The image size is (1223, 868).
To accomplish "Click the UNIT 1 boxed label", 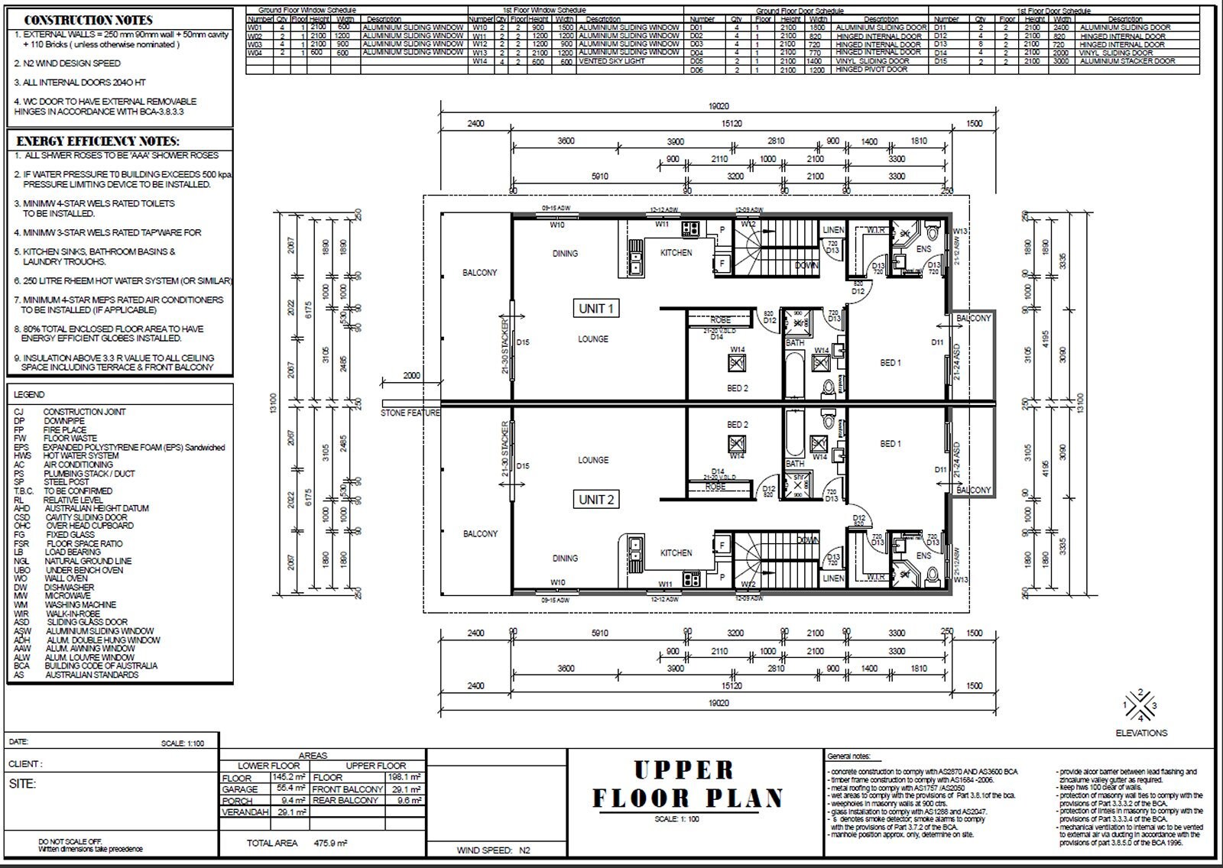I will pos(596,309).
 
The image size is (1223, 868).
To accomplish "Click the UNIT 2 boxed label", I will pos(596,500).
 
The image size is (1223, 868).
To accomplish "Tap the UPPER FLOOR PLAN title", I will pos(687,784).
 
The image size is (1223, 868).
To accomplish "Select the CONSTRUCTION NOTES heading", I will pos(89,20).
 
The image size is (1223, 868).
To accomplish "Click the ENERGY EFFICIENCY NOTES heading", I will pos(98,141).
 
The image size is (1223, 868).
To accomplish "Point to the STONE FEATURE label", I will pos(410,413).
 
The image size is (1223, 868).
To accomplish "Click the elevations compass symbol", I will pos(1140,705).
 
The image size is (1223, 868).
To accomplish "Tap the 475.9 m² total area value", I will pos(330,844).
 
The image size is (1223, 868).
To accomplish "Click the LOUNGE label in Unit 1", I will pos(593,339).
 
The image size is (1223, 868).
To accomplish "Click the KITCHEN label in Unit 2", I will pos(676,552).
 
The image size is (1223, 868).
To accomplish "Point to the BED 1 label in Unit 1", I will pos(890,363).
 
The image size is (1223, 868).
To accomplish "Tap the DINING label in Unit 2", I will pos(565,559).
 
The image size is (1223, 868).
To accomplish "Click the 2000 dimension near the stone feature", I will pos(411,376).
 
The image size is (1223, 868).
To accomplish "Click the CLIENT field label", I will pos(25,764).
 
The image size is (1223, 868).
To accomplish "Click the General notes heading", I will pos(848,756).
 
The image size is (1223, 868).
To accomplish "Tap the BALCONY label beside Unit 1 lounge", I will pos(479,273).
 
